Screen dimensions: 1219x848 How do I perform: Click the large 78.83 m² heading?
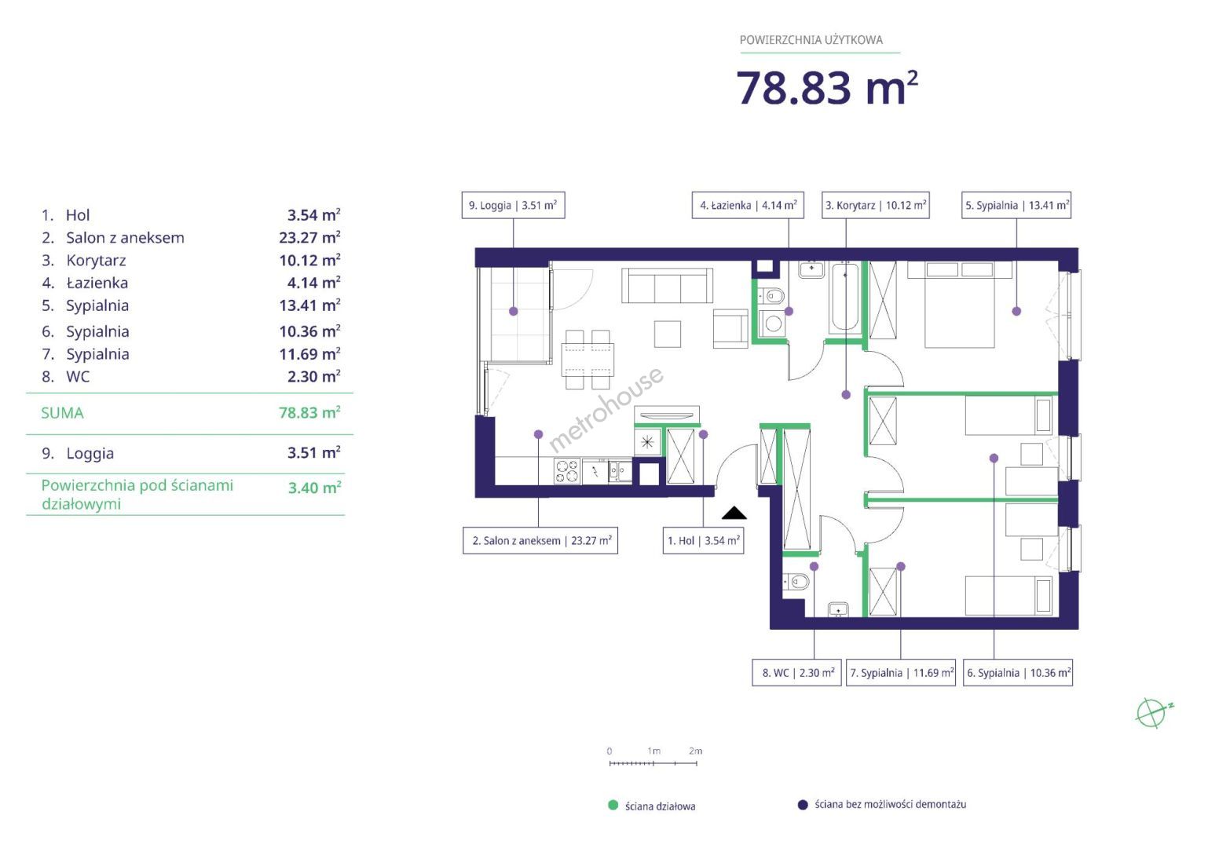coord(826,87)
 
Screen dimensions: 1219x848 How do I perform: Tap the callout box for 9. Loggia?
coord(513,205)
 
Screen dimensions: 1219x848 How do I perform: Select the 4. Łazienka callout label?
coord(748,205)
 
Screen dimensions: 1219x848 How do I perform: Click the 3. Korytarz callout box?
coord(875,205)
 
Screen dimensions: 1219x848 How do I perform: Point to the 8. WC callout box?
coord(796,673)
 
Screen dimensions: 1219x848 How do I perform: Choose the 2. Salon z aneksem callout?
coord(540,541)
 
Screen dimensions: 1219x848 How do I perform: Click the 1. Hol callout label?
coord(703,541)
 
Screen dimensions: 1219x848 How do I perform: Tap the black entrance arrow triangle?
coord(734,513)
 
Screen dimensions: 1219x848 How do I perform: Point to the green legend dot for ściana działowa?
coord(613,805)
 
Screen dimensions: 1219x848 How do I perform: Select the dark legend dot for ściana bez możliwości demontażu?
coord(803,805)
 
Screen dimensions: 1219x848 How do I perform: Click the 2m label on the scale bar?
coord(695,751)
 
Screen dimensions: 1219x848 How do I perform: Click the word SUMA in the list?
coord(63,413)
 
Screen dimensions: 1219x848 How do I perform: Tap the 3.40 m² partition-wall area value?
coord(314,488)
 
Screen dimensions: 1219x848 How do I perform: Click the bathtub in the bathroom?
coord(845,298)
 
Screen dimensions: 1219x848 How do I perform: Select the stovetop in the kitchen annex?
coord(567,471)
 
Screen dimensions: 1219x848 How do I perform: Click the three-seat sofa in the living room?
coord(667,285)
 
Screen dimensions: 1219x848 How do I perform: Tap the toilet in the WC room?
coord(796,583)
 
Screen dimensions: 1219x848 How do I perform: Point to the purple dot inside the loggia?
coord(513,312)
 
